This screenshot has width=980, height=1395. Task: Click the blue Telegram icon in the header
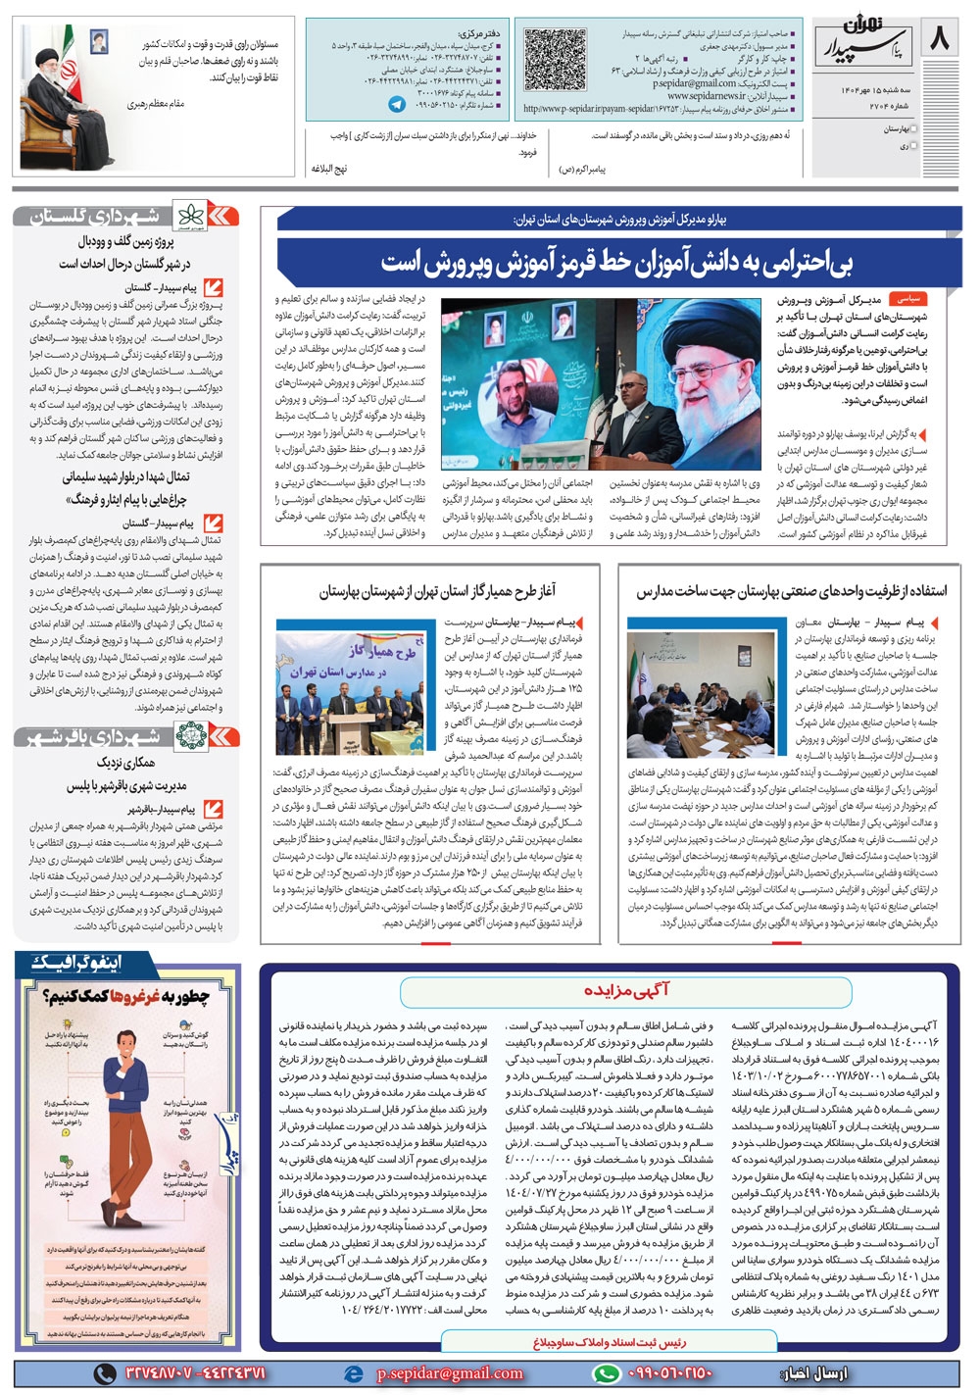397,104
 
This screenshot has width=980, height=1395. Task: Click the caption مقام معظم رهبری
156,102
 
